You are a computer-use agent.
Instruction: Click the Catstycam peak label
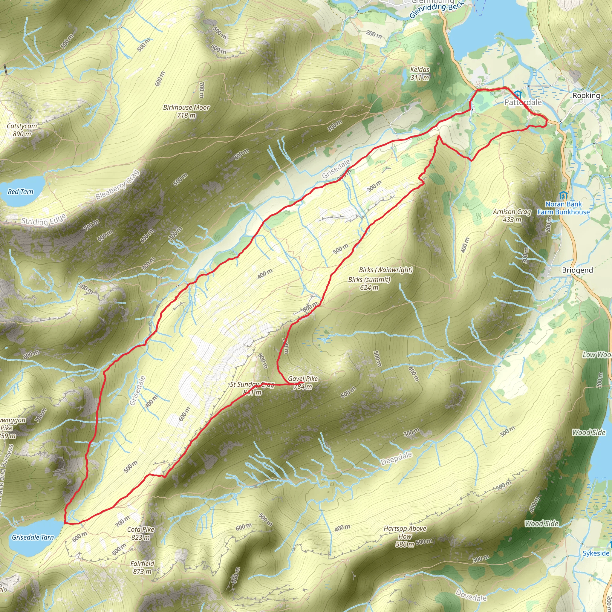click(x=22, y=130)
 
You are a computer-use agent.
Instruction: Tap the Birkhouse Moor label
click(x=186, y=111)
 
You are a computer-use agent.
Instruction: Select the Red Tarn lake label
click(x=20, y=192)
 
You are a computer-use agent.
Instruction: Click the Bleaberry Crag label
click(x=117, y=185)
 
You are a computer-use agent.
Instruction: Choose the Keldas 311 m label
click(x=420, y=73)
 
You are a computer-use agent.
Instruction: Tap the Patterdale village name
click(x=523, y=102)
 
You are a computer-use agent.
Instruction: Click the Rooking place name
click(x=586, y=95)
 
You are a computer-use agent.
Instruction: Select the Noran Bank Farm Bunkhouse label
click(x=563, y=208)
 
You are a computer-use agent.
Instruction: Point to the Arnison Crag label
click(x=512, y=215)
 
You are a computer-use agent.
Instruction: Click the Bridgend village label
click(x=577, y=270)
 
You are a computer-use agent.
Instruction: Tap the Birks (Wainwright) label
click(x=385, y=270)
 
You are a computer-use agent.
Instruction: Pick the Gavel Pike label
click(x=302, y=382)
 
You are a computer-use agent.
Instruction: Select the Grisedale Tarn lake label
click(x=33, y=537)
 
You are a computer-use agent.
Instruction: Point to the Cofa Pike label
click(x=141, y=533)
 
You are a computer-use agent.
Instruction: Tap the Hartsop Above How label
click(x=405, y=536)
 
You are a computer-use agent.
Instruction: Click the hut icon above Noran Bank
click(x=563, y=195)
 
